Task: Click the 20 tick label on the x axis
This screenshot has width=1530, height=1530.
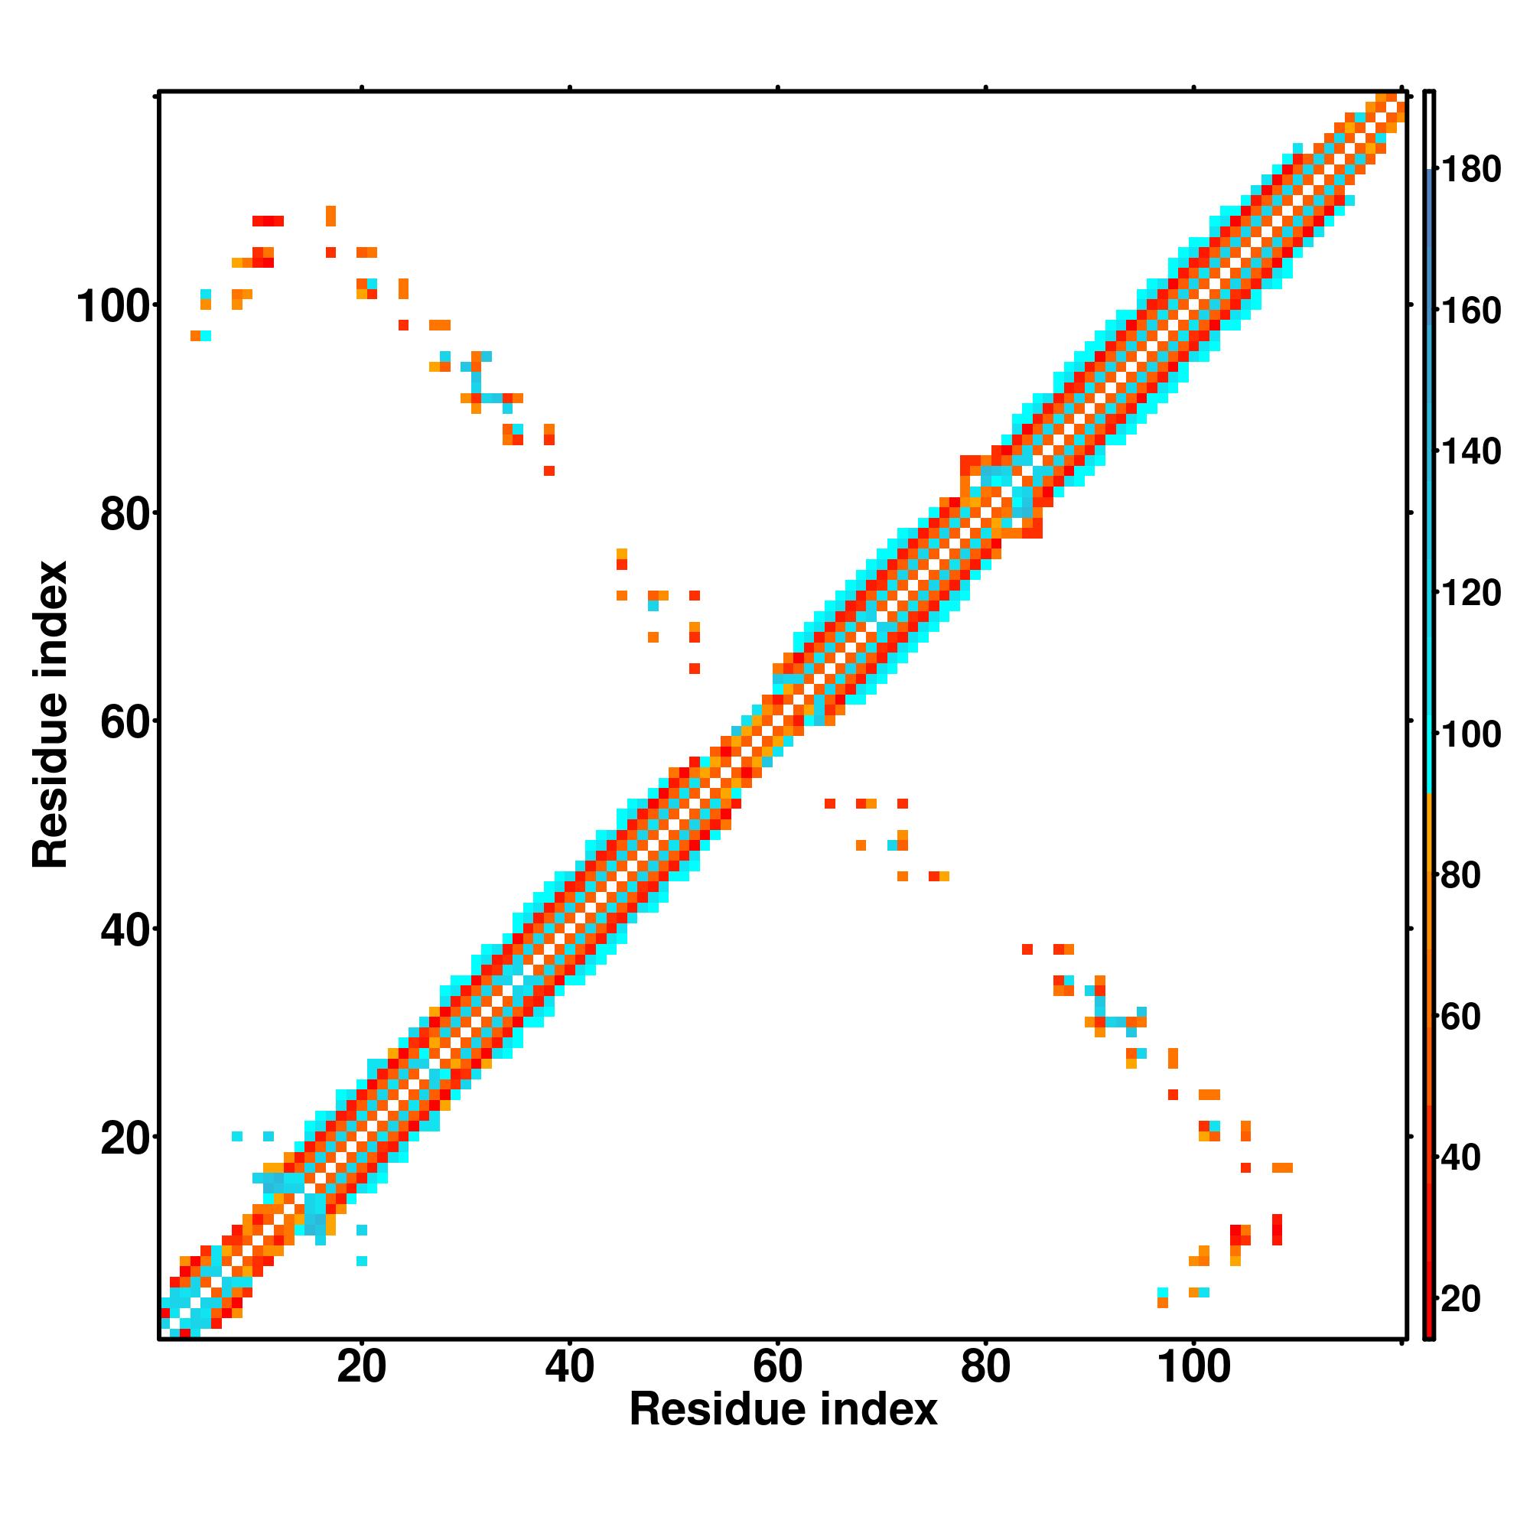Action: coord(361,1368)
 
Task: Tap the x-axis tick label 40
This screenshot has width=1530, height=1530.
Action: coord(569,1368)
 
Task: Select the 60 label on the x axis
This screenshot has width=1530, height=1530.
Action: coord(778,1368)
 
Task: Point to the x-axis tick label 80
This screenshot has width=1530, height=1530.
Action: coord(985,1368)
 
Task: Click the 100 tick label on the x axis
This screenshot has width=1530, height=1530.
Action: coord(1193,1368)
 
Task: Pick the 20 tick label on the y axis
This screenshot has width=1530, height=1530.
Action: coord(125,1140)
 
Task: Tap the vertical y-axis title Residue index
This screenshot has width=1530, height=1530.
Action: coord(50,715)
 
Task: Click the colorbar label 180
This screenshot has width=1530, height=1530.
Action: coord(1470,170)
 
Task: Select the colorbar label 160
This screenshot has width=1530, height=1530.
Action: coord(1470,311)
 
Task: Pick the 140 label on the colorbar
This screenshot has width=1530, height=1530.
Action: coord(1470,452)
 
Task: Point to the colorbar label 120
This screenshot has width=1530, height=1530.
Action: coord(1470,593)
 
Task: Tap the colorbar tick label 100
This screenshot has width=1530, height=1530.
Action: coord(1470,735)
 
